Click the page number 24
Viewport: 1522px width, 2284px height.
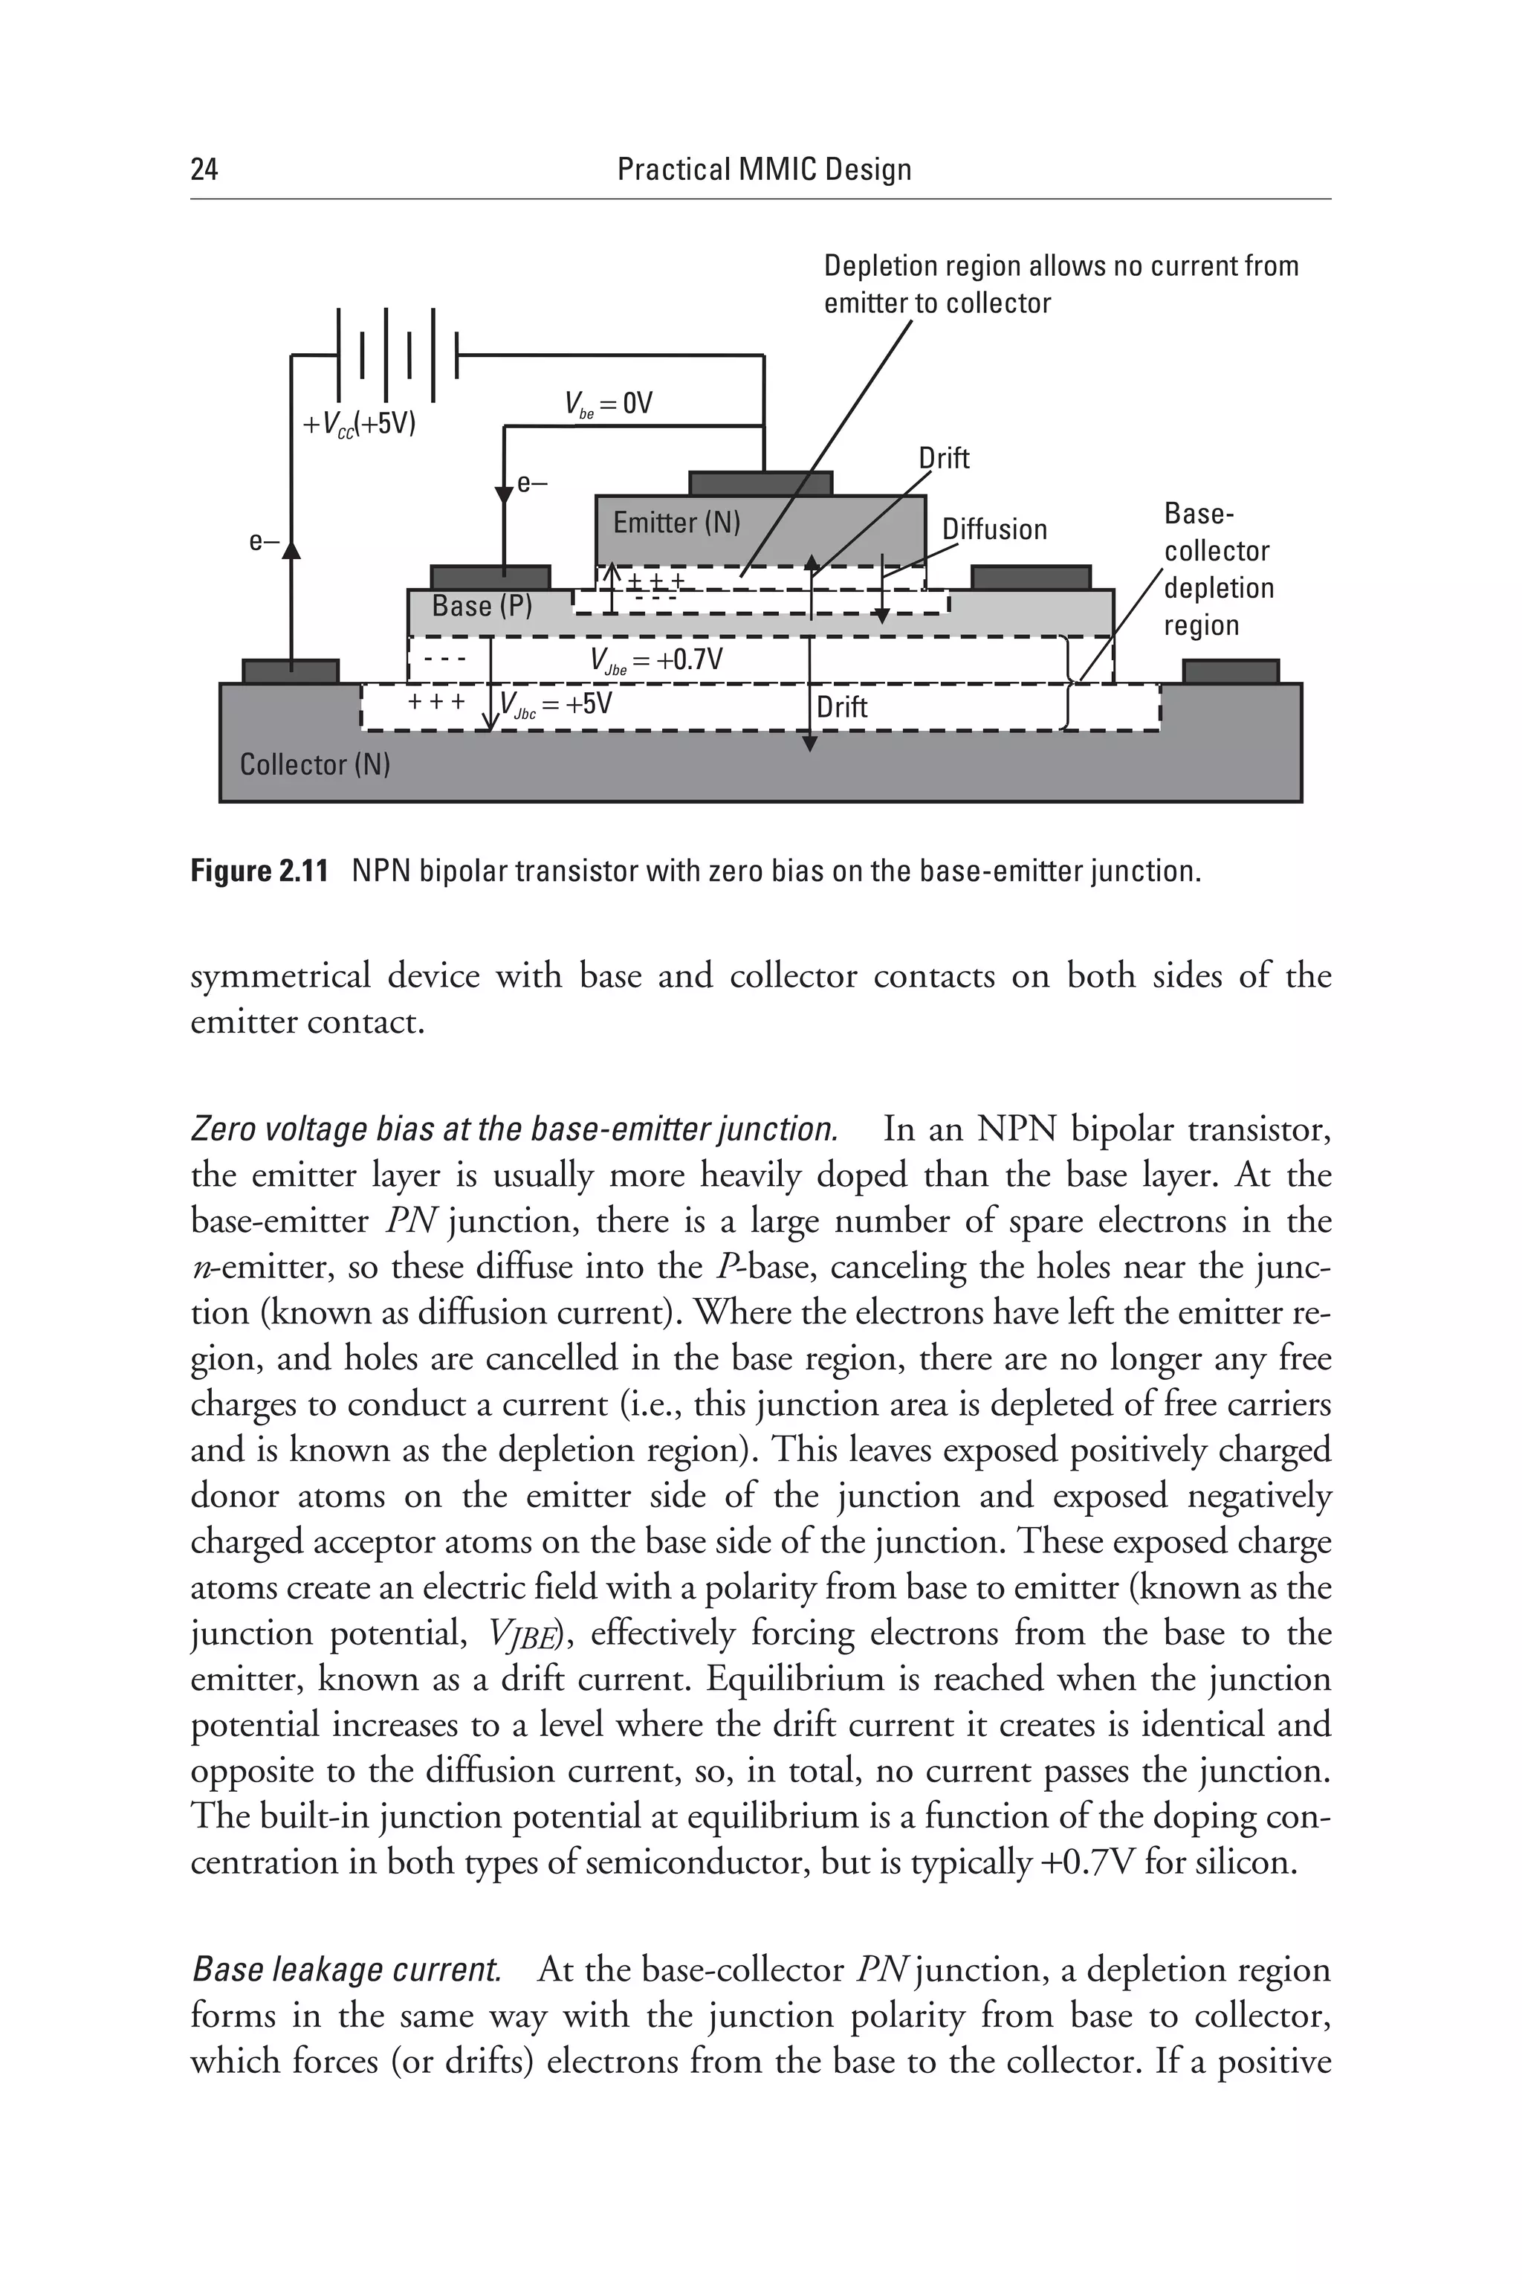[205, 170]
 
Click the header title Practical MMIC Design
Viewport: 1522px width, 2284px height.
[764, 170]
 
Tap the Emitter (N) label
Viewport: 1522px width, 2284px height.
[676, 523]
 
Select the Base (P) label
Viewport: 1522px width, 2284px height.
[482, 606]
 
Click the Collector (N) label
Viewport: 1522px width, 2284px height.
[314, 764]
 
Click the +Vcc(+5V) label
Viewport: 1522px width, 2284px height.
[359, 425]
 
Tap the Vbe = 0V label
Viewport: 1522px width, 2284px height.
[609, 404]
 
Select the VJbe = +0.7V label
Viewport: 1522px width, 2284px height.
[656, 661]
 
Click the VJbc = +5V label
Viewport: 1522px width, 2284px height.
[556, 704]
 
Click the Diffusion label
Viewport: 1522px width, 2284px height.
[994, 529]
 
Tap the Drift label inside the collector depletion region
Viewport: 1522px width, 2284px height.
[841, 707]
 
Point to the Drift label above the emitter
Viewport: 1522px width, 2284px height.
[944, 458]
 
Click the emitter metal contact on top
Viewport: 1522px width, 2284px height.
[760, 483]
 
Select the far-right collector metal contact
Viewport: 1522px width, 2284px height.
[1230, 671]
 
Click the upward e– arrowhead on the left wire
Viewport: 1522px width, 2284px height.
[291, 549]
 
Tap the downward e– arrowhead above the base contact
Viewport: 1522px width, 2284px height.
[504, 495]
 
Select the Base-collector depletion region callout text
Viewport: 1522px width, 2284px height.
[1217, 569]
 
